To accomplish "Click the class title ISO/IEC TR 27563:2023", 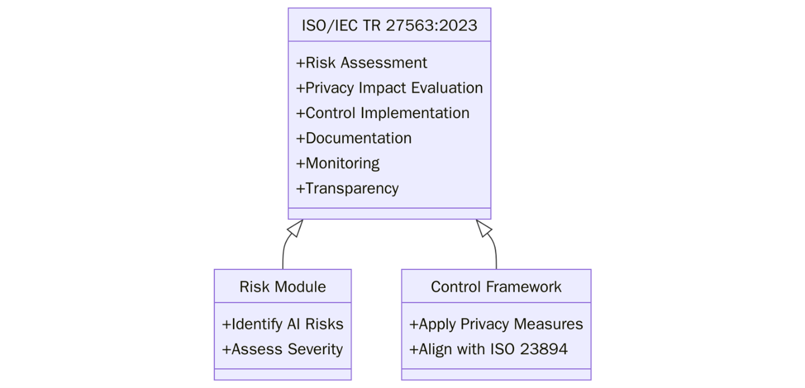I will click(x=389, y=25).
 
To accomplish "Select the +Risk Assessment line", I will click(x=361, y=62).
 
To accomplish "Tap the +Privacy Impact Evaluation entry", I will click(x=389, y=88).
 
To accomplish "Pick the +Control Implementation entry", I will click(x=382, y=113).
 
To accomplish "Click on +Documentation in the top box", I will click(x=354, y=138).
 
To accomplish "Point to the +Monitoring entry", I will click(x=338, y=163).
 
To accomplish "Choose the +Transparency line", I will click(x=347, y=188).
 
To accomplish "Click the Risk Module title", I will click(x=283, y=287).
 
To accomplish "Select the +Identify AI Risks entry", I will click(x=283, y=324).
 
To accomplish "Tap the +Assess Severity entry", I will click(x=283, y=349).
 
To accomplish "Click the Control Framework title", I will click(x=496, y=287).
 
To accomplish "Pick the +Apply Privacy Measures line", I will click(x=496, y=324).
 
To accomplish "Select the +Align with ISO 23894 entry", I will click(x=488, y=349).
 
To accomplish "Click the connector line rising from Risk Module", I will click(x=283, y=256).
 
